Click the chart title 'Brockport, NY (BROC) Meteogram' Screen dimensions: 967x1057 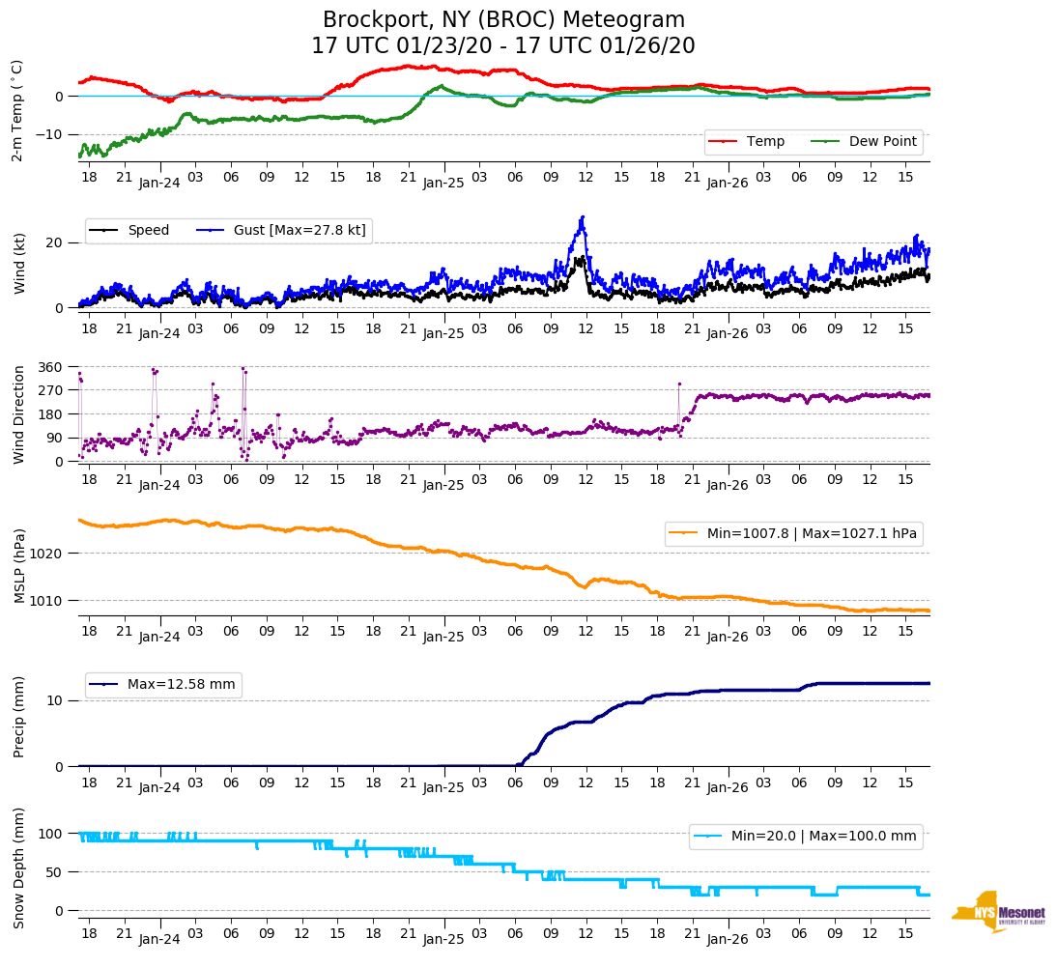503,20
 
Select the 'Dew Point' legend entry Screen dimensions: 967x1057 883,142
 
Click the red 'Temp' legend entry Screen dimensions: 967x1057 765,142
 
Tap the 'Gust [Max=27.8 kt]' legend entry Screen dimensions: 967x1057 300,231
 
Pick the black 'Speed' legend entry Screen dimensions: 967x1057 148,231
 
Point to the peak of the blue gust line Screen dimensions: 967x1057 583,217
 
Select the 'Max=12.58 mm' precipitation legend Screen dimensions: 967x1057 181,685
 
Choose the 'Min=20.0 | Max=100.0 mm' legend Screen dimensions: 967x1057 822,836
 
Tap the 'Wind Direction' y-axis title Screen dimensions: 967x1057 19,414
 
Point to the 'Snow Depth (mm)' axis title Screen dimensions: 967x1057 19,869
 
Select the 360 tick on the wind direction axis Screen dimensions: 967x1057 50,367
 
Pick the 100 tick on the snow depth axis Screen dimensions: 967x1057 50,834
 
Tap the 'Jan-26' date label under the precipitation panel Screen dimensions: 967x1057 728,788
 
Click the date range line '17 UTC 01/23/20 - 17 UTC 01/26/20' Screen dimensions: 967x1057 503,46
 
